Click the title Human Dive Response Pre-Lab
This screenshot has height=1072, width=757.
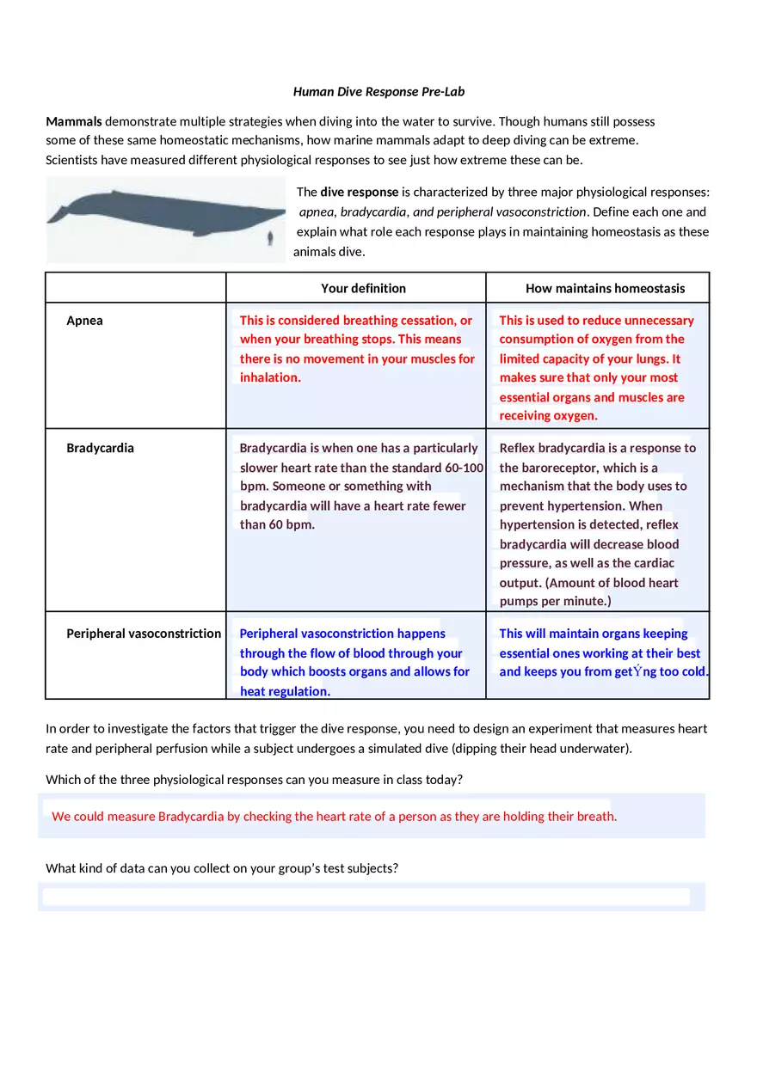[x=378, y=92]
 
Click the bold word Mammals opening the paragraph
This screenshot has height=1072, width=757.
[x=74, y=121]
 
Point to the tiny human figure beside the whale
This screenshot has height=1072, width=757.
[x=271, y=238]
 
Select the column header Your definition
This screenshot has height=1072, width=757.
[x=363, y=288]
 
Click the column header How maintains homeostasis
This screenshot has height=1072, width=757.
[x=605, y=288]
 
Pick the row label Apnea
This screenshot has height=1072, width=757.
[x=84, y=321]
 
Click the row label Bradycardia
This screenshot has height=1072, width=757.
[x=100, y=448]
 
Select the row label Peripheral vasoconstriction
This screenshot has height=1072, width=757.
[x=144, y=634]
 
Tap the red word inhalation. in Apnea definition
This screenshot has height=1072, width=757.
[x=270, y=377]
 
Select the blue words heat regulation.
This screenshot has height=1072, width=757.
[x=285, y=691]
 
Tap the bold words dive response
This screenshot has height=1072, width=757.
[x=360, y=192]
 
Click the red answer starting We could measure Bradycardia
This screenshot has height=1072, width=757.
[x=334, y=816]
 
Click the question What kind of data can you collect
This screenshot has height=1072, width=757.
[x=222, y=868]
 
